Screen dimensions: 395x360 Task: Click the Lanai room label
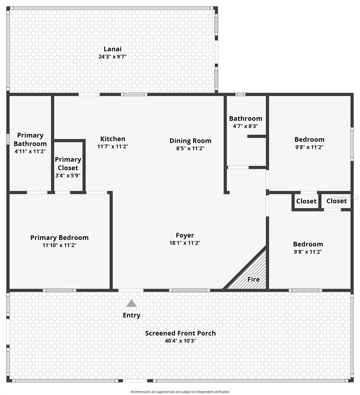coord(112,49)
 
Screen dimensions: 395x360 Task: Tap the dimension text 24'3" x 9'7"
coord(112,57)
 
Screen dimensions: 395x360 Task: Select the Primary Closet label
coord(68,164)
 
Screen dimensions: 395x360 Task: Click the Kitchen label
coord(112,139)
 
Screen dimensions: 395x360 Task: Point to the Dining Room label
coord(190,141)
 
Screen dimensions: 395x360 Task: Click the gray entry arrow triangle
coord(132,303)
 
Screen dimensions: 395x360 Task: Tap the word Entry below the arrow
coord(132,315)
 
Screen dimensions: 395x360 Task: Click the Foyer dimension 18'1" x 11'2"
coord(185,243)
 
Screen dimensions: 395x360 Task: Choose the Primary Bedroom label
coord(60,238)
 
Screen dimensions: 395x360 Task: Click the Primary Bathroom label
coord(30,140)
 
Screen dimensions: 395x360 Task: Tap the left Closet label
coord(306,201)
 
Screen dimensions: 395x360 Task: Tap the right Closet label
coord(336,201)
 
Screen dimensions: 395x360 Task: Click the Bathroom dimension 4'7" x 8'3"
coord(245,126)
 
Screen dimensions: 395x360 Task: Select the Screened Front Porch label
coord(180,333)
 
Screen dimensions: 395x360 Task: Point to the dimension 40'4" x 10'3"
coord(180,341)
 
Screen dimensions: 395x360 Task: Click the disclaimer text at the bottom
coord(180,392)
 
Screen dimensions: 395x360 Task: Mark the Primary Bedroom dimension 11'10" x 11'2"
coord(60,245)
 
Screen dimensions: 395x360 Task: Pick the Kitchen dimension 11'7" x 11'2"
coord(112,147)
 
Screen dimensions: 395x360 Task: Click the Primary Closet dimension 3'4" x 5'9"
coord(68,175)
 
